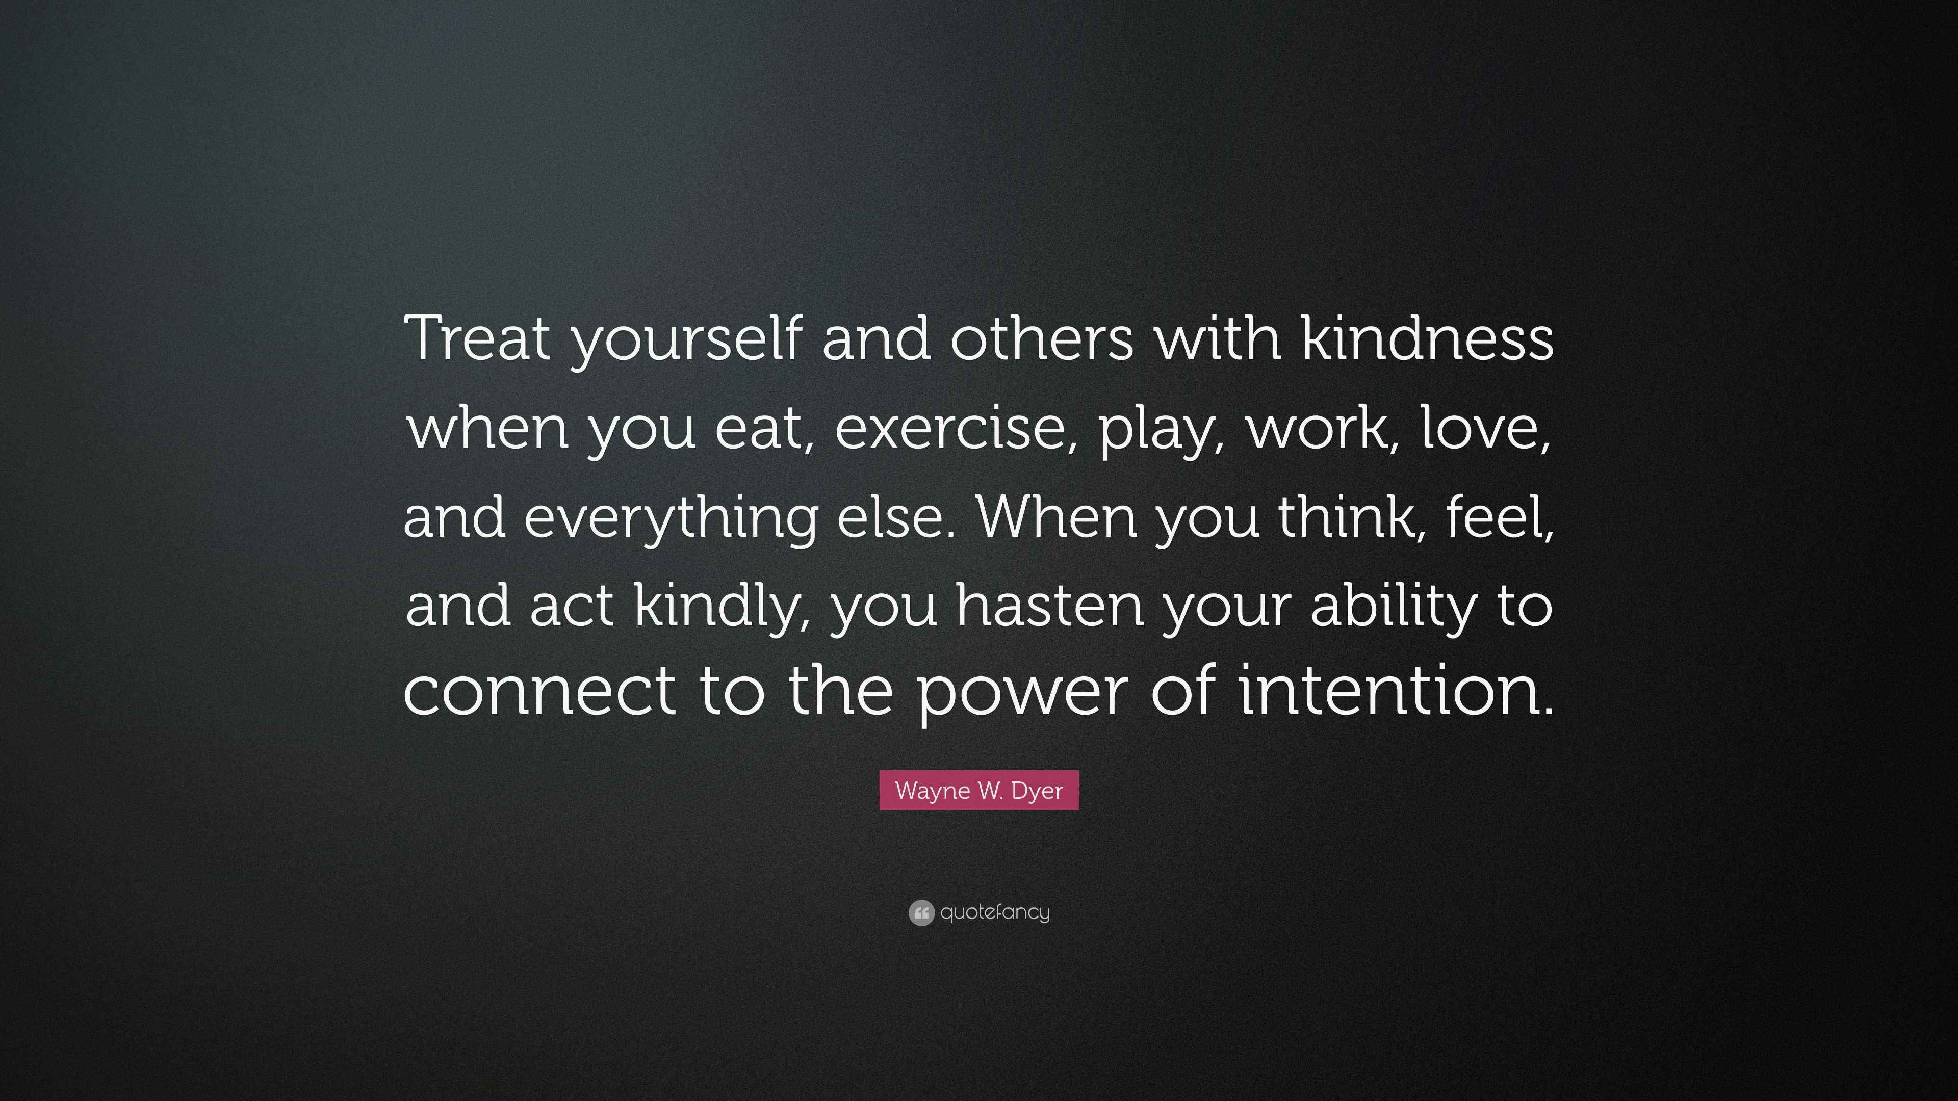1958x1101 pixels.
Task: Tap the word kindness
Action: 1428,338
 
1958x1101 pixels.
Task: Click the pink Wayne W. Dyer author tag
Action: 979,790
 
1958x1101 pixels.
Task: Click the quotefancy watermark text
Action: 995,912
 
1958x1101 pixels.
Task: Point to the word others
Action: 1041,338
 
